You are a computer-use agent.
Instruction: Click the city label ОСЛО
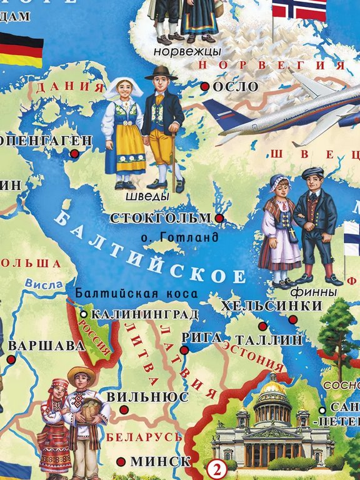[x=236, y=87]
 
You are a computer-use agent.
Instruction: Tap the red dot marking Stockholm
[x=219, y=217]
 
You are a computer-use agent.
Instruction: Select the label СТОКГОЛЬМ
[x=161, y=218]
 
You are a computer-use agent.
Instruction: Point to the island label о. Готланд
[x=179, y=237]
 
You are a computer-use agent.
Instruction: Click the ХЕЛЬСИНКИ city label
[x=271, y=306]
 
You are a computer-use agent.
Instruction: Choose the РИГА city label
[x=201, y=337]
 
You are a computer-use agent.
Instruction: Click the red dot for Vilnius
[x=124, y=409]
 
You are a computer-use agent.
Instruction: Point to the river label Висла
[x=45, y=284]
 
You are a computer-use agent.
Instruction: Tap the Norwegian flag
[x=299, y=9]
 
